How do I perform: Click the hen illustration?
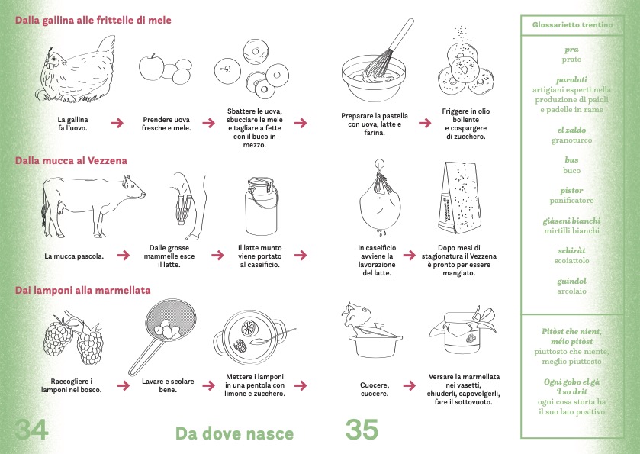[78, 69]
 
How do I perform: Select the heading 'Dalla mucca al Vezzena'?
[71, 160]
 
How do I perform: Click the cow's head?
[133, 188]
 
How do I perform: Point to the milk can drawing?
[262, 206]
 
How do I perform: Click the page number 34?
[31, 429]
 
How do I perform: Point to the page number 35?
[362, 429]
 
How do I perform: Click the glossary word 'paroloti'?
[571, 79]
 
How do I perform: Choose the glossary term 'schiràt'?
[571, 250]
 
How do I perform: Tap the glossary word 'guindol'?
[571, 281]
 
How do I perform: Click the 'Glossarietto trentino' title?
[572, 25]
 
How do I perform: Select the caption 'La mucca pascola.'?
[74, 256]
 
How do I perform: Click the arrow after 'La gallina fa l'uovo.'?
[117, 123]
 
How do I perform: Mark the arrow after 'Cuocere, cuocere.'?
[410, 385]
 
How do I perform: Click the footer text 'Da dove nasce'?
[235, 433]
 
